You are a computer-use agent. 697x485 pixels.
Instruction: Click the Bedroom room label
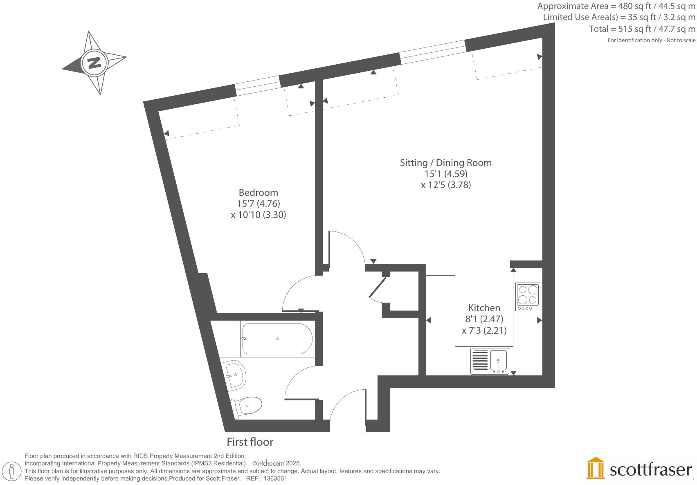[258, 193]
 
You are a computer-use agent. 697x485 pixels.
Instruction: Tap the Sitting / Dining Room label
[445, 163]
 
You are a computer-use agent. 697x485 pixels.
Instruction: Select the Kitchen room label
[484, 308]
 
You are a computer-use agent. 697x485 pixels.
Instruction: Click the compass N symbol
[94, 63]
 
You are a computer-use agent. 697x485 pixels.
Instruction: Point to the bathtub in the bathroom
[277, 339]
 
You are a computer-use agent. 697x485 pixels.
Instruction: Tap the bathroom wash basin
[235, 374]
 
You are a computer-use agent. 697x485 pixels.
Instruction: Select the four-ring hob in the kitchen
[528, 296]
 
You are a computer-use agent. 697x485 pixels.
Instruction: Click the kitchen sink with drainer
[490, 361]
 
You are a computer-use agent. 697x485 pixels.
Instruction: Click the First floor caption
[250, 442]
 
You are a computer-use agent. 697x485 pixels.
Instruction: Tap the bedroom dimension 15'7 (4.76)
[258, 204]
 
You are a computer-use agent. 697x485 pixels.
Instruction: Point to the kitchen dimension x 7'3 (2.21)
[484, 330]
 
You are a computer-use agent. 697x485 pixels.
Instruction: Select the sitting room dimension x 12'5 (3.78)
[445, 185]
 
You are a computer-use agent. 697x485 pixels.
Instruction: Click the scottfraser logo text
[650, 470]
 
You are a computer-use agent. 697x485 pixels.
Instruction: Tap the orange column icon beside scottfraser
[596, 469]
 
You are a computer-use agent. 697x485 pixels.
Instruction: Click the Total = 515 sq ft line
[642, 29]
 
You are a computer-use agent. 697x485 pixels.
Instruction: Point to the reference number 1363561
[275, 478]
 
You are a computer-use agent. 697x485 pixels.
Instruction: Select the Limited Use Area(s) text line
[619, 18]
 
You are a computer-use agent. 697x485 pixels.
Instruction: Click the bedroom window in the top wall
[258, 85]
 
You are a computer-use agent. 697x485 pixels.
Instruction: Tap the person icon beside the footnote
[12, 471]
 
